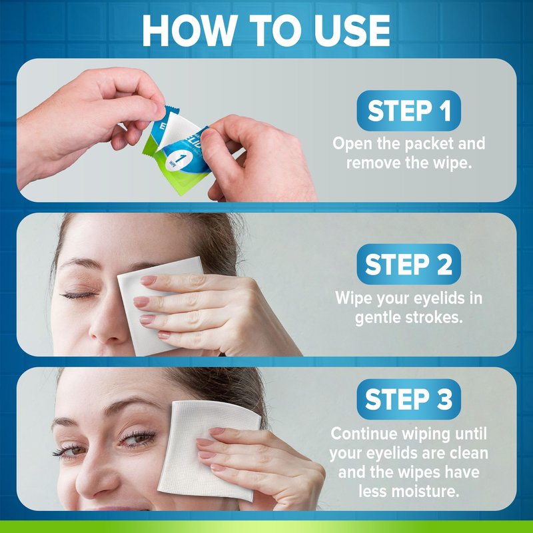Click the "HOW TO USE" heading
point(266,31)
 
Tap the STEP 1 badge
point(408,111)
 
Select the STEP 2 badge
point(408,264)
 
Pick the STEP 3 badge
point(408,399)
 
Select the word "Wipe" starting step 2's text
point(352,298)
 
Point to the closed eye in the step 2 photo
point(79,294)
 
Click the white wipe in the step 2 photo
point(149,306)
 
